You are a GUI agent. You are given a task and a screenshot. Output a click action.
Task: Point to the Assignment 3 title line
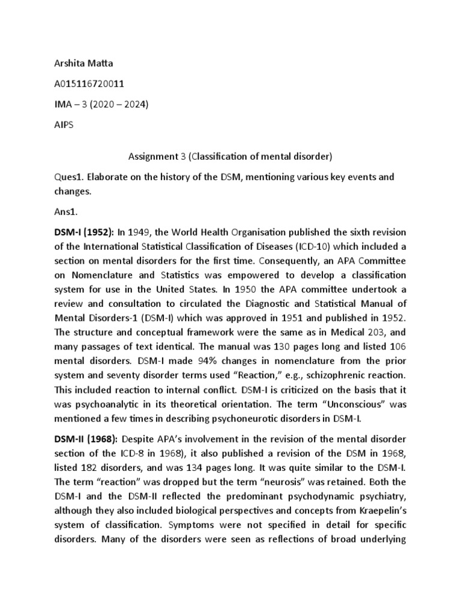230,157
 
